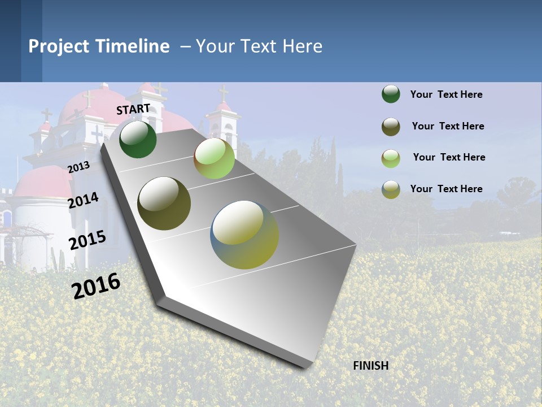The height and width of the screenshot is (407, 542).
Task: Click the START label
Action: coord(133,109)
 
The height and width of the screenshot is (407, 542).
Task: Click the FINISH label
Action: coord(370,366)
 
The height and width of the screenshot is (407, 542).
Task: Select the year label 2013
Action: coord(78,167)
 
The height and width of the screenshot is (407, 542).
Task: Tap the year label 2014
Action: coord(83,201)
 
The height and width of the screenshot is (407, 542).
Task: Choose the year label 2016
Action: coord(96,285)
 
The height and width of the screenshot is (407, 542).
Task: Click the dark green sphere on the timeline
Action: coord(138,139)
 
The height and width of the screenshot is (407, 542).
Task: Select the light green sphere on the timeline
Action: coord(214,158)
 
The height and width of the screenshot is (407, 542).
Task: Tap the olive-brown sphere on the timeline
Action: coord(164,203)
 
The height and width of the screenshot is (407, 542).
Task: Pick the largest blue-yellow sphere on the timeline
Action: coord(244,235)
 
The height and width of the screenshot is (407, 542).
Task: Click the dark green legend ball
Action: coord(391,94)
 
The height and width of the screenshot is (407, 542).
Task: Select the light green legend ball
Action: coord(391,158)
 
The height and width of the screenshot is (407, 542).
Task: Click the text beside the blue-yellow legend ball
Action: coord(446,189)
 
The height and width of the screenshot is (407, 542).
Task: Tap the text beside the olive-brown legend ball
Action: coord(448,126)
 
